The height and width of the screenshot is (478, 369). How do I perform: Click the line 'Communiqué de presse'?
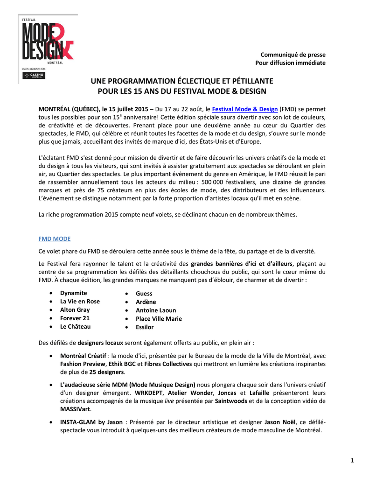pyautogui.click(x=293, y=55)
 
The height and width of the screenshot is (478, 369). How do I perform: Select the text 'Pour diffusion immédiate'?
pyautogui.click(x=290, y=63)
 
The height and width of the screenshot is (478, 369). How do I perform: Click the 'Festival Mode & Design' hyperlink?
pyautogui.click(x=245, y=109)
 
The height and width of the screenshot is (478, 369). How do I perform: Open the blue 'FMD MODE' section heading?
pyautogui.click(x=54, y=239)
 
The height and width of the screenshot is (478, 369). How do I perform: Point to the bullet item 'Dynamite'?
pyautogui.click(x=73, y=293)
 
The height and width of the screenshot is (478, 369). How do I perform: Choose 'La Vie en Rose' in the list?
pyautogui.click(x=80, y=301)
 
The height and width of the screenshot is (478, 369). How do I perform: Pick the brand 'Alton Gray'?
pyautogui.click(x=75, y=309)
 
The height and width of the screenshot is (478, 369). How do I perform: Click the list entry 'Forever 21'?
pyautogui.click(x=75, y=318)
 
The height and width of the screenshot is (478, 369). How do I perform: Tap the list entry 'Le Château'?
pyautogui.click(x=75, y=326)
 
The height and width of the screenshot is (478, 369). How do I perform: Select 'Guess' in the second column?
pyautogui.click(x=144, y=294)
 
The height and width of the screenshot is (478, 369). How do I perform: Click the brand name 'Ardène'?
pyautogui.click(x=146, y=302)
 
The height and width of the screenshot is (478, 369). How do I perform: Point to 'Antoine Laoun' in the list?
pyautogui.click(x=156, y=310)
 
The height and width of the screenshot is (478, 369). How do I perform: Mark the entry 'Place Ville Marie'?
pyautogui.click(x=159, y=319)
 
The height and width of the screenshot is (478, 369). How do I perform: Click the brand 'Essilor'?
pyautogui.click(x=144, y=327)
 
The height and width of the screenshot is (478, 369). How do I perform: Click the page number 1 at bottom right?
pyautogui.click(x=352, y=461)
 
